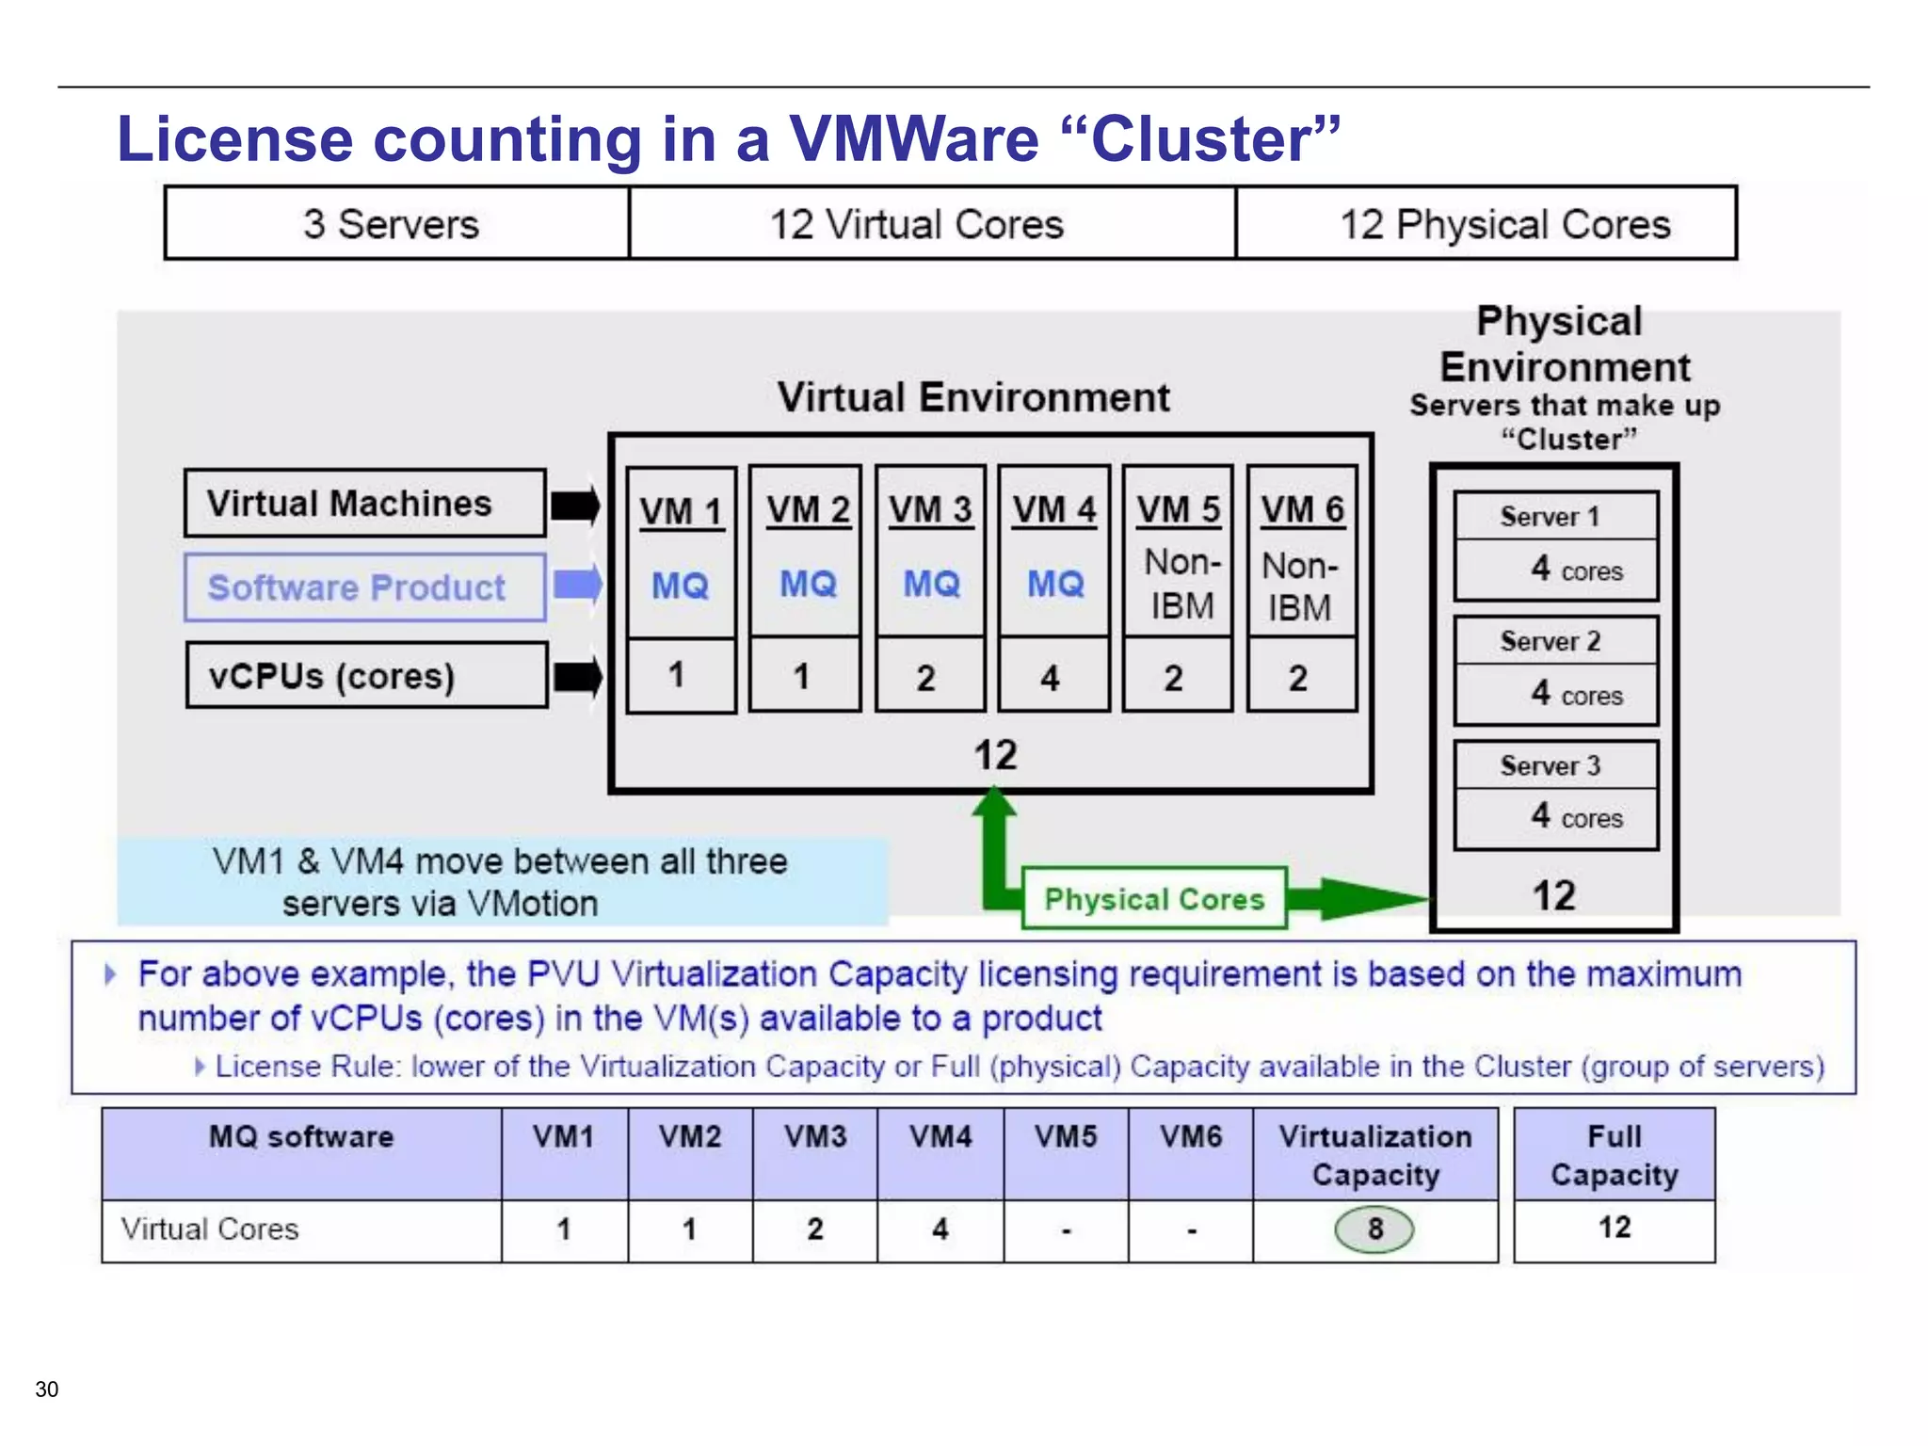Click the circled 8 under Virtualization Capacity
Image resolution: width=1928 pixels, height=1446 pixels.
point(1374,1229)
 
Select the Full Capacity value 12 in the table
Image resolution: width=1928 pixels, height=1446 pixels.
point(1614,1227)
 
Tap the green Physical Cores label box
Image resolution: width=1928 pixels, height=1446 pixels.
point(1154,899)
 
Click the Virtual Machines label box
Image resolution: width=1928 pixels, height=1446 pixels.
point(365,504)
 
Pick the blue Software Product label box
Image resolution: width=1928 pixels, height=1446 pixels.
point(364,587)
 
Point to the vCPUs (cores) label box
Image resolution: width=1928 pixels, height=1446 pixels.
point(366,676)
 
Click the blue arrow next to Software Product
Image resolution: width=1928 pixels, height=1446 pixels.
point(577,585)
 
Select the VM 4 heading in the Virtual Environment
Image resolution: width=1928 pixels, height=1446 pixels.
point(1054,510)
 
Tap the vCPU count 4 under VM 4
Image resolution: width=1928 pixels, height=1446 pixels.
point(1051,678)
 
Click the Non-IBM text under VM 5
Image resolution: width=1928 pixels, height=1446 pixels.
point(1181,585)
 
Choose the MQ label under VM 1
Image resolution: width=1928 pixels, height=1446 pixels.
point(680,586)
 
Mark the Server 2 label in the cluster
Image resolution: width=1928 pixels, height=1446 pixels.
point(1550,641)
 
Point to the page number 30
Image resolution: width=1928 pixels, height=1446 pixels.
point(46,1389)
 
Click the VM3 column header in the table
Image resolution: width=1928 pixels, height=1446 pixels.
point(815,1136)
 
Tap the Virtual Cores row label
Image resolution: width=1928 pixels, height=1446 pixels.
point(210,1229)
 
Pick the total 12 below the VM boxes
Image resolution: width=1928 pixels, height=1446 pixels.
point(994,755)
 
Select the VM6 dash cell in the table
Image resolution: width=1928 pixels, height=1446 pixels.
point(1191,1230)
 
